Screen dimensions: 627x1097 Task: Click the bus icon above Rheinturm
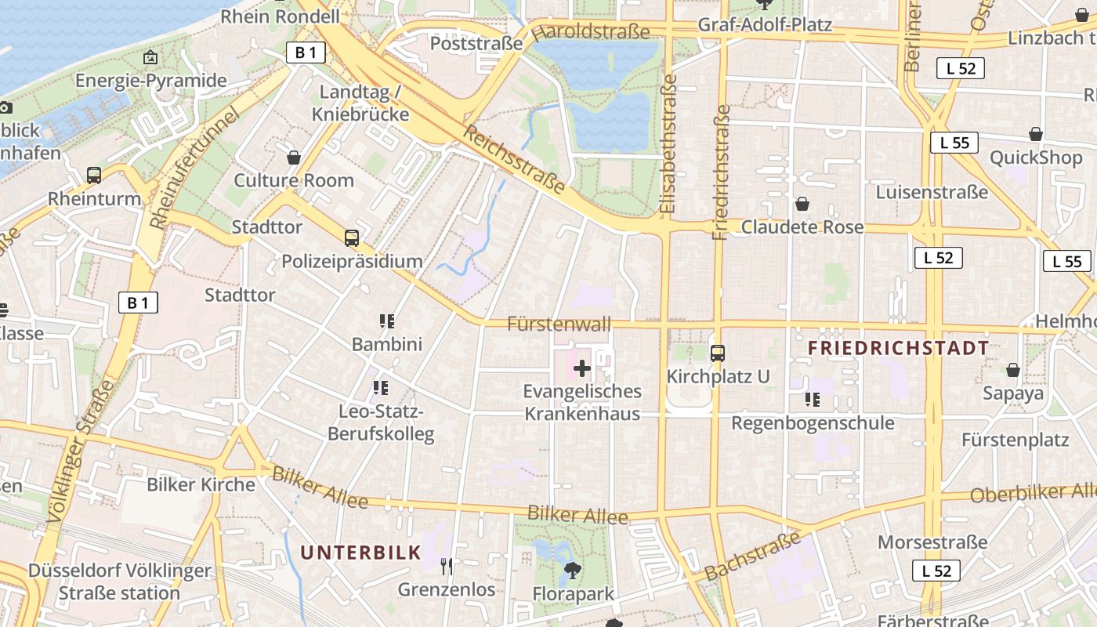(x=94, y=175)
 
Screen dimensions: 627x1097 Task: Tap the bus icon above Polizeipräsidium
(x=352, y=237)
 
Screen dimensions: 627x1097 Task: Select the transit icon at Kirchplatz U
(x=718, y=353)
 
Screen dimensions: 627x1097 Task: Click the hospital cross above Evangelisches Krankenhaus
(x=582, y=368)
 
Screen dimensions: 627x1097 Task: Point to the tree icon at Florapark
(x=574, y=571)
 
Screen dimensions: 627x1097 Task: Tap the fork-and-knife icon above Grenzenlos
(x=447, y=566)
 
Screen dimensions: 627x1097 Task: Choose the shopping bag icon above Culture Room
(x=294, y=158)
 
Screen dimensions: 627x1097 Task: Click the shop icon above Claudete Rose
(x=802, y=204)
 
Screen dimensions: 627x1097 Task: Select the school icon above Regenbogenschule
(x=813, y=400)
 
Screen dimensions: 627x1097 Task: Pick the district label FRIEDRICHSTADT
(x=898, y=348)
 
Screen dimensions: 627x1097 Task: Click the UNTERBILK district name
(x=361, y=552)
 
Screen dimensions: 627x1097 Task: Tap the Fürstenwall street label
(x=559, y=323)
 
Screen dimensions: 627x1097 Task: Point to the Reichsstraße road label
(x=514, y=159)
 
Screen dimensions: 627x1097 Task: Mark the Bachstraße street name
(x=753, y=556)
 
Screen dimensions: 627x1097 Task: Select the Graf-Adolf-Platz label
(x=764, y=25)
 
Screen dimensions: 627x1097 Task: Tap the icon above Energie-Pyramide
(x=150, y=57)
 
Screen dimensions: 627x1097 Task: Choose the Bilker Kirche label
(x=201, y=484)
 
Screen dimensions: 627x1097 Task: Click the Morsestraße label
(x=932, y=542)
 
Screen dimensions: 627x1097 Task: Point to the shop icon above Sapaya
(x=1013, y=369)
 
